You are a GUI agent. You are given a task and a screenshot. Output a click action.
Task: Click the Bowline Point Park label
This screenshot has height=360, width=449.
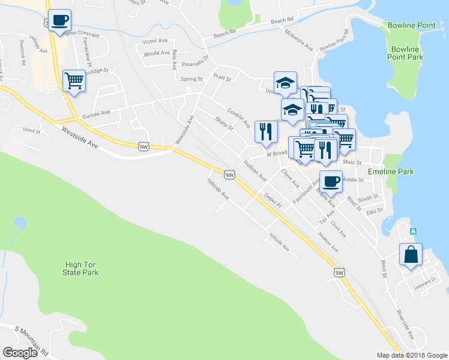point(406,53)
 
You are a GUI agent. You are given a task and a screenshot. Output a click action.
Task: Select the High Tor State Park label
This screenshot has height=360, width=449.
point(80,268)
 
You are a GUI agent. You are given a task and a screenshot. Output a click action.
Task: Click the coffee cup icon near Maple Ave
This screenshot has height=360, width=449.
point(331,181)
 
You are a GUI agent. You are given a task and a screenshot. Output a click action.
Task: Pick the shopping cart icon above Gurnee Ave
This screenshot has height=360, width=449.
point(74,80)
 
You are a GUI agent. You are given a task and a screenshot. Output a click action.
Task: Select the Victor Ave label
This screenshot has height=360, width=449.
point(155,41)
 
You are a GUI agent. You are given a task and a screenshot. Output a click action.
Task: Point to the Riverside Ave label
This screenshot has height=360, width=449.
point(406,324)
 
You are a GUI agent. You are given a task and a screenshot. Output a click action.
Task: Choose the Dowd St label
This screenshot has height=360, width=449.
point(31,130)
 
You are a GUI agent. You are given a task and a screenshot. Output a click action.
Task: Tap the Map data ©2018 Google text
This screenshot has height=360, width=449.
point(411,355)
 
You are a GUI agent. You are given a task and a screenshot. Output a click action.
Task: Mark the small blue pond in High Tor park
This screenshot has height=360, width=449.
point(20,223)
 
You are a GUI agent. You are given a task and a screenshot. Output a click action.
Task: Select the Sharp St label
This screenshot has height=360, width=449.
point(223,122)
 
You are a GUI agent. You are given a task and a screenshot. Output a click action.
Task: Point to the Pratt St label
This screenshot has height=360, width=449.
point(222,76)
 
